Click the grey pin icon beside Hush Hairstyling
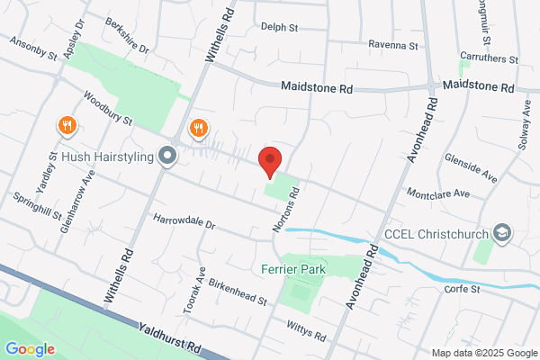point(166,157)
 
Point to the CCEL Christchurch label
point(436,233)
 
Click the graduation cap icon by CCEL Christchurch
point(502,233)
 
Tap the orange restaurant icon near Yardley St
point(66,126)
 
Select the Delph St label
point(280,28)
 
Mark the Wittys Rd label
point(304,332)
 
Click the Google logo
point(30,348)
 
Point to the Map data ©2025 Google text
point(482,352)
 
